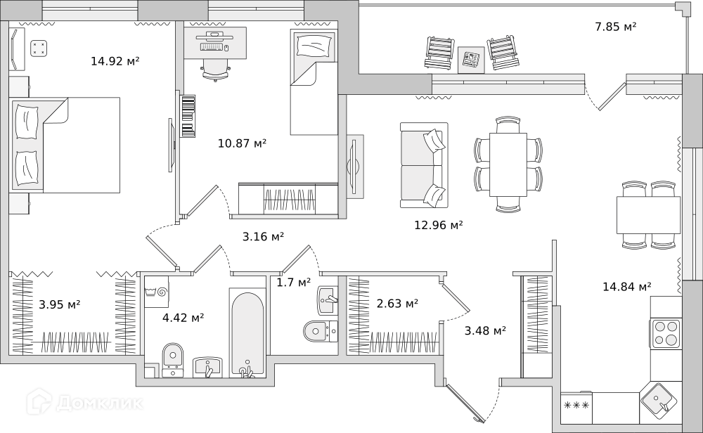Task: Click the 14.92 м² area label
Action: pyautogui.click(x=115, y=60)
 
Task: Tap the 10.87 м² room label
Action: pyautogui.click(x=242, y=143)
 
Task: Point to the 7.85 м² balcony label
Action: pyautogui.click(x=616, y=27)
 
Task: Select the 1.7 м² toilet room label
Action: pyautogui.click(x=294, y=283)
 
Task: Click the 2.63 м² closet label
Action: pyautogui.click(x=397, y=304)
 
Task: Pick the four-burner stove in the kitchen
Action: pyautogui.click(x=666, y=333)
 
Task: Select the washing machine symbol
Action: pyautogui.click(x=156, y=291)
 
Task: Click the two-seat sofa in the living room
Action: pyautogui.click(x=424, y=165)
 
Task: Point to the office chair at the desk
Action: pyautogui.click(x=216, y=70)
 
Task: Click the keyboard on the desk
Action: pyautogui.click(x=212, y=46)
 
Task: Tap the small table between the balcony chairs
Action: pyautogui.click(x=471, y=60)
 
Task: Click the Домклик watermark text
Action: pyautogui.click(x=100, y=403)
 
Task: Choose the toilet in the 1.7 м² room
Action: pyautogui.click(x=320, y=332)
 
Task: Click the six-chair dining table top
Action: pyautogui.click(x=508, y=164)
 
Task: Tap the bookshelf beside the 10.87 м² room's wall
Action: pyautogui.click(x=188, y=116)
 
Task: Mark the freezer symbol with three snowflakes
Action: pyautogui.click(x=576, y=406)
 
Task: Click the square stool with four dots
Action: pyautogui.click(x=39, y=49)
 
